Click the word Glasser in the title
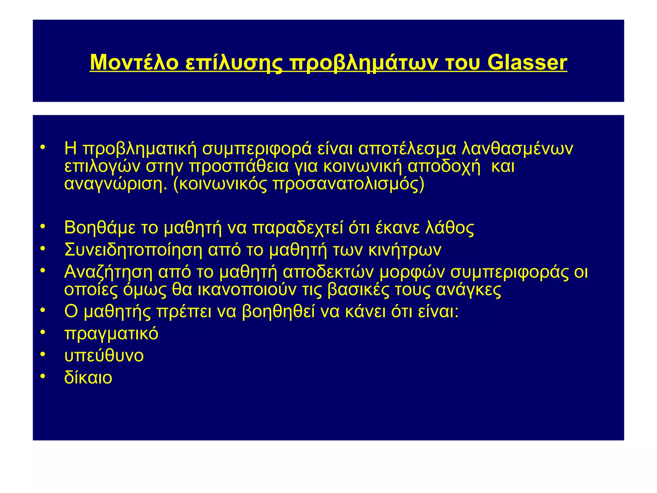[x=527, y=62]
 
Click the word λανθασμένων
[x=517, y=148]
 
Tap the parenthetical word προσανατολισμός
[x=348, y=185]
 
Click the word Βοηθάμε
[x=100, y=228]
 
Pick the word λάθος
[x=449, y=228]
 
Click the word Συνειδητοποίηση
[x=133, y=250]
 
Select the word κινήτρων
[x=405, y=250]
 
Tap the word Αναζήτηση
[x=108, y=272]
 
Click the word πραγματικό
[x=111, y=334]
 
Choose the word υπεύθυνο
[x=104, y=356]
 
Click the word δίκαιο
[x=88, y=378]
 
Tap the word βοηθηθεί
[x=278, y=311]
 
